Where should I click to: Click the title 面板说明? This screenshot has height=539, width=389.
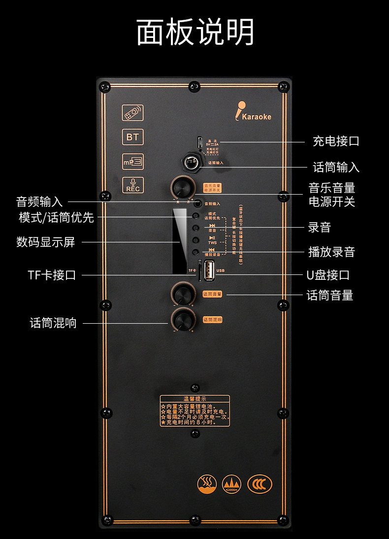[195, 33]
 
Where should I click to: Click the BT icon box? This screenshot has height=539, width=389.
[133, 137]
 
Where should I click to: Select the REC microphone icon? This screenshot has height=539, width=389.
[133, 185]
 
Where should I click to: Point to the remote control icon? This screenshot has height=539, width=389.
[133, 113]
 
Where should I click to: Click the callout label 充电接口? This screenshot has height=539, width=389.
[336, 141]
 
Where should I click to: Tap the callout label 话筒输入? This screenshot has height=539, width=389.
[336, 168]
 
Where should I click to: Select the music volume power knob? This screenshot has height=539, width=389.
[182, 188]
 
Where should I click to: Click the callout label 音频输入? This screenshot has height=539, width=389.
[39, 202]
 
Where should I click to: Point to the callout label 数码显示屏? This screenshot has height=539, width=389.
[46, 242]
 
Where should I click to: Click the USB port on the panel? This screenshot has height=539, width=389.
[210, 270]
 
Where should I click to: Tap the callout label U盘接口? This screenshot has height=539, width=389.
[328, 275]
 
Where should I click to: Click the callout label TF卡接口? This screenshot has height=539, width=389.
[52, 275]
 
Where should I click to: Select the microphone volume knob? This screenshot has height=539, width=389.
[182, 294]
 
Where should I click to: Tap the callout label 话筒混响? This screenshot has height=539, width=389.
[53, 323]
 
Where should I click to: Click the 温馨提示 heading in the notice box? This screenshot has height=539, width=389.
[194, 399]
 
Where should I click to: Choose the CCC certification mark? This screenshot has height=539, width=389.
[259, 484]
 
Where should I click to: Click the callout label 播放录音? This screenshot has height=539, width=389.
[331, 252]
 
